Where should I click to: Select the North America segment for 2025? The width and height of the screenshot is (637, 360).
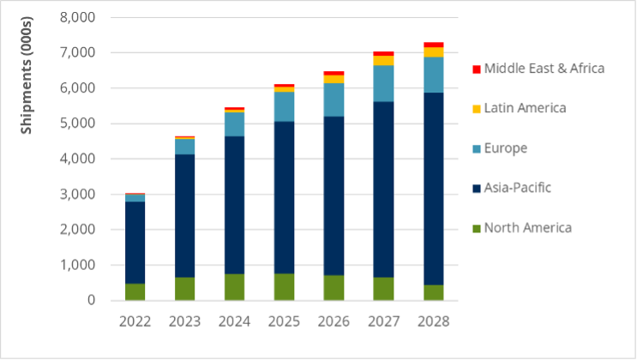(284, 286)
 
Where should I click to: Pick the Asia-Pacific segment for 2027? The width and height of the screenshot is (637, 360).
(383, 189)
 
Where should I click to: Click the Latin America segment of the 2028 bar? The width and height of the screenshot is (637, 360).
(434, 52)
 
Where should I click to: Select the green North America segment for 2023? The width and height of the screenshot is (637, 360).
(184, 288)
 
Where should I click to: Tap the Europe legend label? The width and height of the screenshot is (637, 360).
(506, 148)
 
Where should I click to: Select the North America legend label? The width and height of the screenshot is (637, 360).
(527, 227)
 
